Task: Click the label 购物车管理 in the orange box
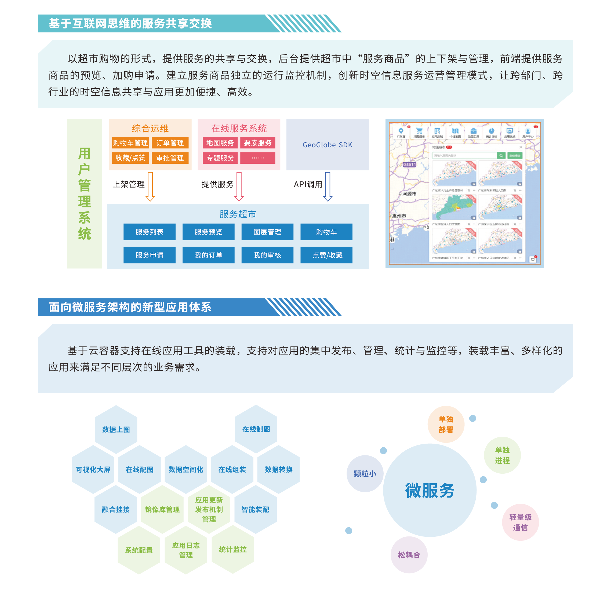pyautogui.click(x=130, y=143)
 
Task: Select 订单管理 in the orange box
pyautogui.click(x=170, y=143)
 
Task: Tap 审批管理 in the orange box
pyautogui.click(x=170, y=158)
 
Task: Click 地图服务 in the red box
pyautogui.click(x=220, y=143)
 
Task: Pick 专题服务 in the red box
pyautogui.click(x=220, y=158)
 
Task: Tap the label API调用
pyautogui.click(x=308, y=184)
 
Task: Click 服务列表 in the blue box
pyautogui.click(x=149, y=232)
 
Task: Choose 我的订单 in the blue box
pyautogui.click(x=208, y=255)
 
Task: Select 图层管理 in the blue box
pyautogui.click(x=267, y=232)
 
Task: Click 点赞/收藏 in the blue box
pyautogui.click(x=327, y=255)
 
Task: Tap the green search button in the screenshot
pyautogui.click(x=501, y=155)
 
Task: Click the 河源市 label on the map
pyautogui.click(x=409, y=194)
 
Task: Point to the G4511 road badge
pyautogui.click(x=409, y=165)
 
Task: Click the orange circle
pyautogui.click(x=446, y=424)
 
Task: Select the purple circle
pyautogui.click(x=409, y=555)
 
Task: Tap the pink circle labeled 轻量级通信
pyautogui.click(x=520, y=522)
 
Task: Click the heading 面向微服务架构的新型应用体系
pyautogui.click(x=130, y=307)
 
